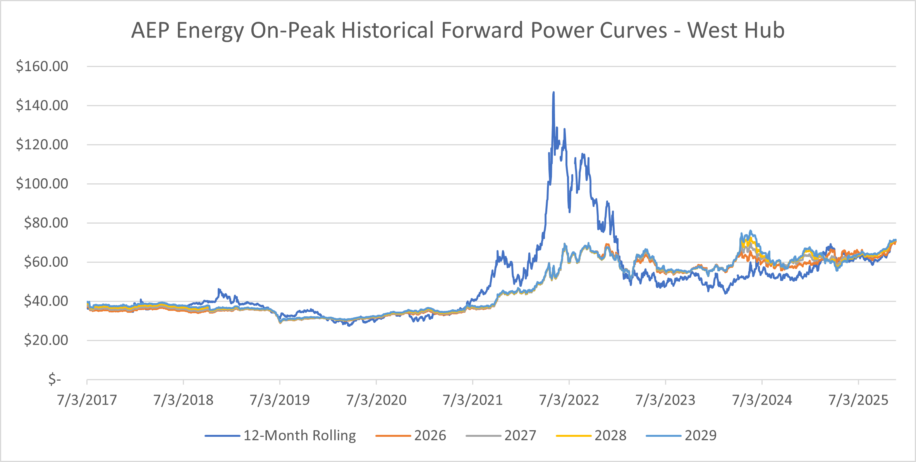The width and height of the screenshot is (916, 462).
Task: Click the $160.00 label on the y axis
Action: pos(42,66)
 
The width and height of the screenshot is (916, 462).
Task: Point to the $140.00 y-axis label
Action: pos(42,105)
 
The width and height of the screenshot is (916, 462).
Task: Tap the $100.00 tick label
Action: pos(42,184)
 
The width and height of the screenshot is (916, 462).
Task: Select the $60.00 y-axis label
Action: pos(46,262)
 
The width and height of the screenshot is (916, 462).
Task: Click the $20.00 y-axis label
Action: pos(46,340)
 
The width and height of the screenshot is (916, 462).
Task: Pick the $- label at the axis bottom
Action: pos(55,379)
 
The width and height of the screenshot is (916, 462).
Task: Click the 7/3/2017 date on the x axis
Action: pos(87,400)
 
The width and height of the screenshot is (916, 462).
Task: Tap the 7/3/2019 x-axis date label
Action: pos(280,400)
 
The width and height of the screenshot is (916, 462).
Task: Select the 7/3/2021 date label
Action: pos(473,400)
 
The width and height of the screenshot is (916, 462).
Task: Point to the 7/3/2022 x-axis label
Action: pos(569,400)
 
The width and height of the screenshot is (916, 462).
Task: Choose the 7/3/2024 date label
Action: pos(762,400)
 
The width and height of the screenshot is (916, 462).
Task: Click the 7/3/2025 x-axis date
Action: pos(858,400)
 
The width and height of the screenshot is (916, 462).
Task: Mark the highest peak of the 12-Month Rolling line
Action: pos(553,92)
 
